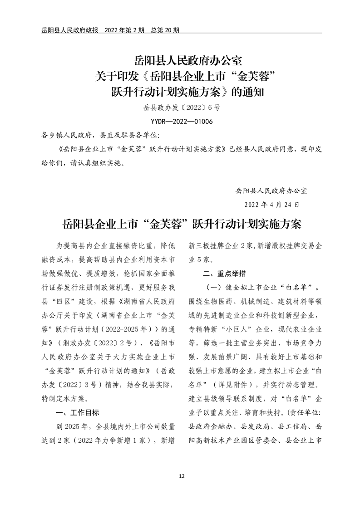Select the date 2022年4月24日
click(x=271, y=204)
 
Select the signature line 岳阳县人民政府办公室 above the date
click(x=271, y=191)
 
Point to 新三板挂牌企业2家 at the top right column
click(x=220, y=246)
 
